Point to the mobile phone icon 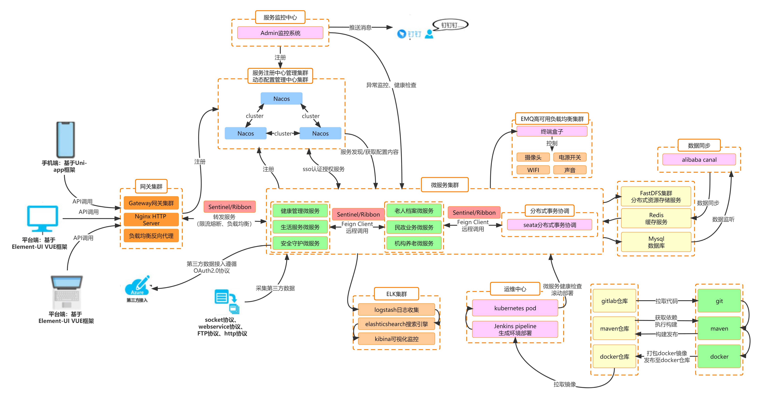click(x=66, y=139)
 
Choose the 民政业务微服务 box click(x=414, y=227)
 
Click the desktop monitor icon click(x=42, y=219)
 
